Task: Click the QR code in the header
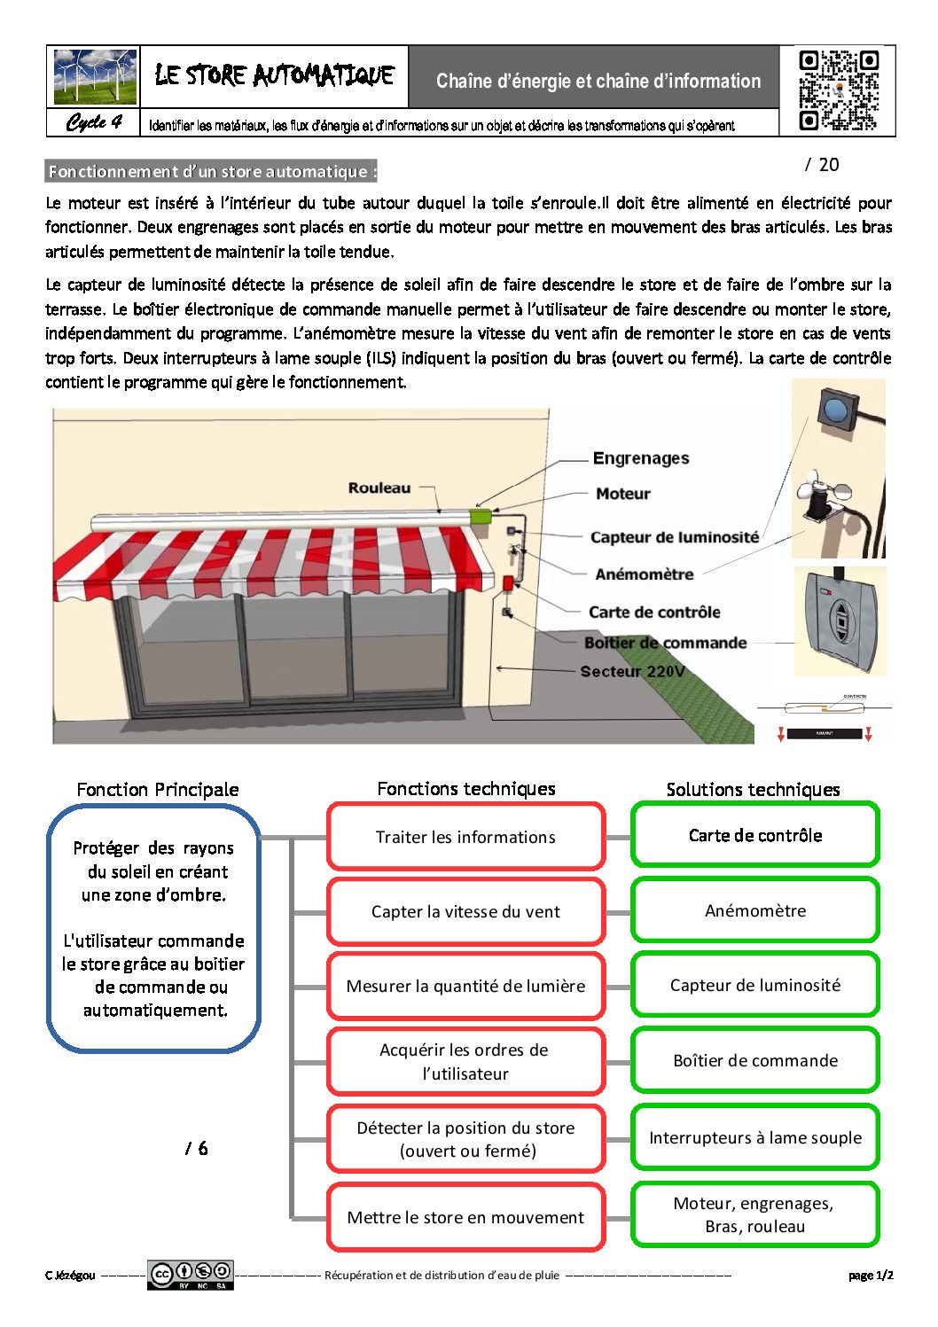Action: (839, 90)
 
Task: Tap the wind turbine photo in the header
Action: (95, 77)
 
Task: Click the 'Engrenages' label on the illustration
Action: (641, 458)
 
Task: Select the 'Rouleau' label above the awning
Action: (379, 488)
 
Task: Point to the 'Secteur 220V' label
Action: (632, 671)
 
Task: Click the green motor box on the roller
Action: (481, 515)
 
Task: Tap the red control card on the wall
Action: (508, 583)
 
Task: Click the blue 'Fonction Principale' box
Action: (153, 928)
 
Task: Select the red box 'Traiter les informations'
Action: (465, 837)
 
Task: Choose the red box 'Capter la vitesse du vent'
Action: (465, 911)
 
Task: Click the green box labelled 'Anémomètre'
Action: (755, 910)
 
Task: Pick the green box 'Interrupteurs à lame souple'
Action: (755, 1137)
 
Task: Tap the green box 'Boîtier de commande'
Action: (755, 1060)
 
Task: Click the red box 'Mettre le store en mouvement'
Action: (465, 1217)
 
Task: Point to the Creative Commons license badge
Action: (191, 1275)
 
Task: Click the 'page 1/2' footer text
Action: (871, 1275)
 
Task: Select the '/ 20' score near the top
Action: (822, 165)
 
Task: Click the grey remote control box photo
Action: (840, 621)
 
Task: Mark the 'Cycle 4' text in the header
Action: (94, 122)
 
